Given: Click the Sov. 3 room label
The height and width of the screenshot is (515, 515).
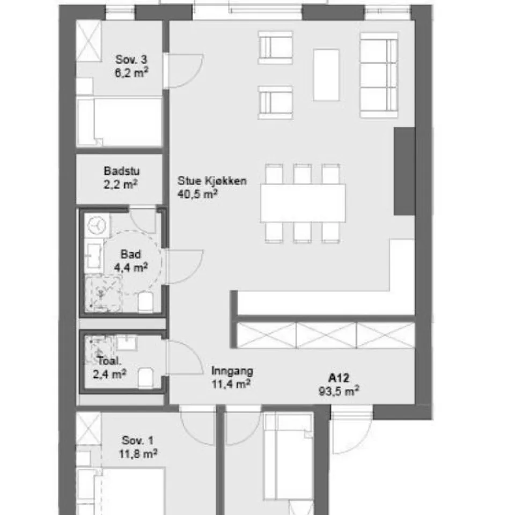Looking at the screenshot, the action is tap(131, 60).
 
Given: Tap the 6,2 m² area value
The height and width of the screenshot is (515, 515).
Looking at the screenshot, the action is tap(131, 72).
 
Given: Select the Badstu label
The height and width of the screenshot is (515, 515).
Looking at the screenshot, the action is tap(122, 171).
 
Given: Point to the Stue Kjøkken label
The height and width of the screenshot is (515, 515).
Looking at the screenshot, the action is tap(212, 181).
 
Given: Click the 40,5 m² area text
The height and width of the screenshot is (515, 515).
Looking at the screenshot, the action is tap(197, 194).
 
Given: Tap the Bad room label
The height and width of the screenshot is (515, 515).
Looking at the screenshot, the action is tap(131, 254).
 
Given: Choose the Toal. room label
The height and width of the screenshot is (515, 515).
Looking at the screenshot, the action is tap(109, 361).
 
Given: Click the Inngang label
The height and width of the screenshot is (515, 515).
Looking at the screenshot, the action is tap(232, 371).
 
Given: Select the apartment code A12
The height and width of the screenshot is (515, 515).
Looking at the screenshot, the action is tap(339, 378).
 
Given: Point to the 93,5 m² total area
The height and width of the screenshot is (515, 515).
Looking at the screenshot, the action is tap(339, 391).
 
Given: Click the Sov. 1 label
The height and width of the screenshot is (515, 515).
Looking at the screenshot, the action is tap(138, 440).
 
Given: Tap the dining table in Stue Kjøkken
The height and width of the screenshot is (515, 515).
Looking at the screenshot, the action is tap(303, 203).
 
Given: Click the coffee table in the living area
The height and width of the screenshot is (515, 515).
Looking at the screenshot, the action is tap(326, 75).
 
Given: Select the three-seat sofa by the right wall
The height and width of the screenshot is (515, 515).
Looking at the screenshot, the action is tap(379, 75).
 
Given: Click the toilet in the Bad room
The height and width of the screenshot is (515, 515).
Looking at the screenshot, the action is tap(145, 301).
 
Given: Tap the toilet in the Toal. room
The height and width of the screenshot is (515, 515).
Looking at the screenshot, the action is tap(145, 378).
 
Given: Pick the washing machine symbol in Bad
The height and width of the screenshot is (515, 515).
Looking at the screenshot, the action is tap(97, 226).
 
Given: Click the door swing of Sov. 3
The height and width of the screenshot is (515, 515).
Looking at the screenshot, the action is tap(183, 71).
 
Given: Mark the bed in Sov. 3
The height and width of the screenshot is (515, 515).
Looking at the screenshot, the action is tap(120, 122).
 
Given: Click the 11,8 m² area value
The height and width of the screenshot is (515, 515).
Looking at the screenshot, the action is tap(138, 454).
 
